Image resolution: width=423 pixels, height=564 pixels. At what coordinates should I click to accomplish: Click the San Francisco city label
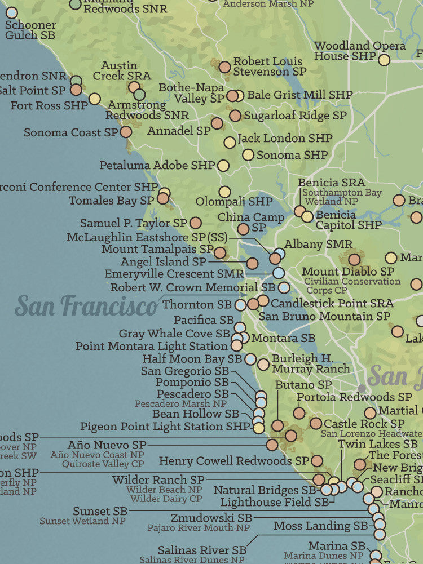click(x=86, y=306)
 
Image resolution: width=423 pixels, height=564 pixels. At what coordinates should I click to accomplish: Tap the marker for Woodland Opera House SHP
click(x=384, y=60)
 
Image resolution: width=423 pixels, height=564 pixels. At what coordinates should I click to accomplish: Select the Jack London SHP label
click(x=285, y=138)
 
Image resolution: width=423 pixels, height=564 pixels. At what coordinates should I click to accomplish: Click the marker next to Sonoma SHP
click(x=248, y=154)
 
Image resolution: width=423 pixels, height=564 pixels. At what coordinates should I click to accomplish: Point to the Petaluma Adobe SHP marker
click(x=223, y=166)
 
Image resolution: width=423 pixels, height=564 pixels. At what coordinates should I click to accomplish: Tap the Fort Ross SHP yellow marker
click(x=95, y=99)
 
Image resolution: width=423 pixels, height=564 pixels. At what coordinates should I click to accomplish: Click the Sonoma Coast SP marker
click(x=126, y=132)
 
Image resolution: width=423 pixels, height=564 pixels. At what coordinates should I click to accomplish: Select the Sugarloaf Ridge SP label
click(x=295, y=116)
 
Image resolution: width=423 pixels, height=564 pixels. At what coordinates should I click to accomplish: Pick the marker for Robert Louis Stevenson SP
click(x=225, y=67)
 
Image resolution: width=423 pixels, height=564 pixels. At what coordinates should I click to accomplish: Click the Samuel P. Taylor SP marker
click(x=196, y=223)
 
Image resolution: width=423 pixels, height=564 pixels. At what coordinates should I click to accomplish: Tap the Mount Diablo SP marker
click(x=354, y=259)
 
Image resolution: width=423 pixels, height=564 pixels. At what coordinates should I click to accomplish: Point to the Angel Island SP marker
click(x=252, y=263)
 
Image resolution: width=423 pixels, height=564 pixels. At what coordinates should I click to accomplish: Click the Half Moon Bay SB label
click(x=192, y=359)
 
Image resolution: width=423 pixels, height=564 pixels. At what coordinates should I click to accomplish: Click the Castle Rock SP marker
click(x=316, y=423)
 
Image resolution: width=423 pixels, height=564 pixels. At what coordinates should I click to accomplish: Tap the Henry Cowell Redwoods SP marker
click(x=317, y=461)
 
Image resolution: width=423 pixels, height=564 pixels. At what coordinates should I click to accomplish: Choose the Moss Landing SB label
click(x=320, y=526)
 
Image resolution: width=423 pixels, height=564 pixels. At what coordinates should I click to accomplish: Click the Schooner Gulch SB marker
click(x=11, y=12)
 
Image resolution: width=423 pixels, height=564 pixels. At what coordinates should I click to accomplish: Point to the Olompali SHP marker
click(x=225, y=192)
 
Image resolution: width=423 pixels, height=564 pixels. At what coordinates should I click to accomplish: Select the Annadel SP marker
click(x=217, y=123)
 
